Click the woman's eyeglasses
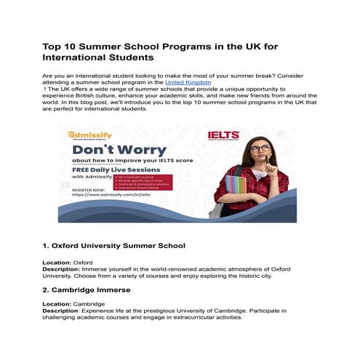click(260, 148)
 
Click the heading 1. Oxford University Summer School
click(113, 246)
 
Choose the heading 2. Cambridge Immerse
click(92, 289)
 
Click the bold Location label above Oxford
click(57, 260)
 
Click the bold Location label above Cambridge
click(57, 303)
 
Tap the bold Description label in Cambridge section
click(61, 311)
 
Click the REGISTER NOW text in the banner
click(84, 190)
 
